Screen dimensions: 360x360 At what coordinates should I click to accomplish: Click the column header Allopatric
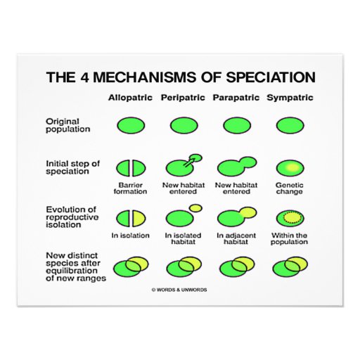tap(130, 97)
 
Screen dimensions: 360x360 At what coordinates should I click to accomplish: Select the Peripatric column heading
tap(183, 97)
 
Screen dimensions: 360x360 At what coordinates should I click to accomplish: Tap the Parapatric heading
tap(236, 97)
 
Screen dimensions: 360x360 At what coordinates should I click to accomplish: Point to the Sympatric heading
tap(290, 98)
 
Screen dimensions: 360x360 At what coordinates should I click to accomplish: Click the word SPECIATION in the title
tap(271, 77)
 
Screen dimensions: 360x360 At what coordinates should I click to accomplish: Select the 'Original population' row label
tap(68, 125)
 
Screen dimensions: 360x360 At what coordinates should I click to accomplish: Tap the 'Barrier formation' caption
tap(131, 188)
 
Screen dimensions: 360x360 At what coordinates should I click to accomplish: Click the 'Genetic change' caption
tap(290, 188)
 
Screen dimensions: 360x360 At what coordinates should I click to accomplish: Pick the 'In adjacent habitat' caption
tap(236, 238)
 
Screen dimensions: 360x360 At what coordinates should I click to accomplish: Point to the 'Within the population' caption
tap(289, 238)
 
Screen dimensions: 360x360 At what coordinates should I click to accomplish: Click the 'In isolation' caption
tap(131, 236)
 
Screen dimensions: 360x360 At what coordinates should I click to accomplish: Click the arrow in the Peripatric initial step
tap(189, 162)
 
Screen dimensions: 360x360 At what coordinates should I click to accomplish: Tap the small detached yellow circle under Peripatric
tap(195, 208)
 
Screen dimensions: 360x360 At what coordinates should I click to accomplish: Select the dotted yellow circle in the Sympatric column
tap(290, 217)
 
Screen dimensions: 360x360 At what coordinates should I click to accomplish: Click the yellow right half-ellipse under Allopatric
tap(139, 219)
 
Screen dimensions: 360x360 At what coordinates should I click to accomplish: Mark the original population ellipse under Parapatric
tap(237, 125)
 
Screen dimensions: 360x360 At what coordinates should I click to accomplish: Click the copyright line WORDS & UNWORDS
tap(179, 290)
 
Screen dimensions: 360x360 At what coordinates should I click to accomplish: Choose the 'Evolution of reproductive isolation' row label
tap(72, 217)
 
